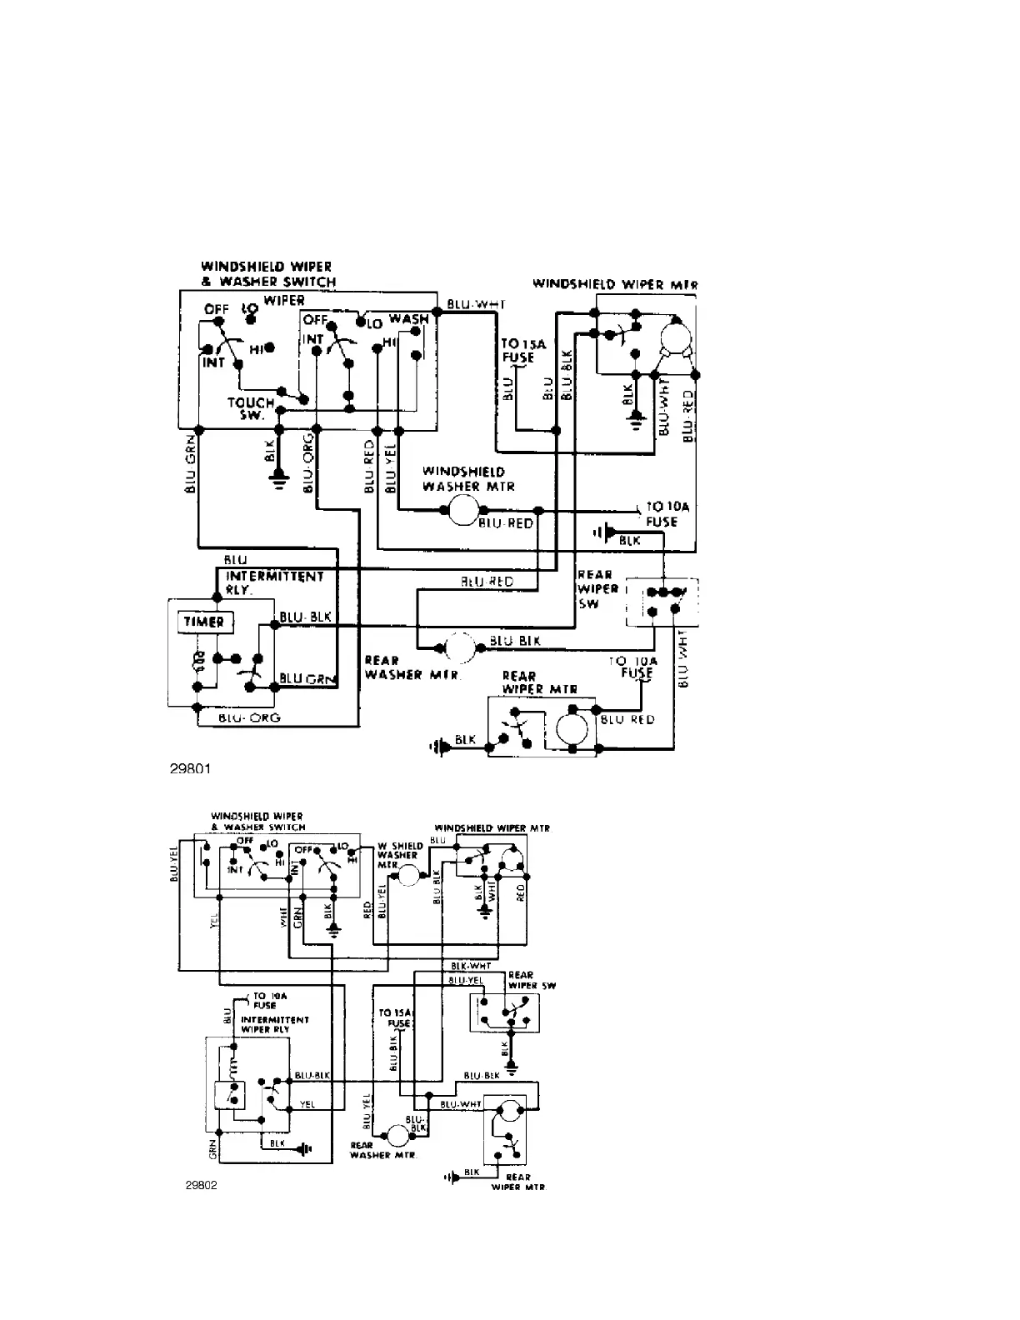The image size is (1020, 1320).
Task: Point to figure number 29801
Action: tap(191, 768)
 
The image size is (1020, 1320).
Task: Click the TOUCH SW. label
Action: tap(251, 408)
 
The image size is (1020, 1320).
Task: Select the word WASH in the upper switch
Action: tap(408, 319)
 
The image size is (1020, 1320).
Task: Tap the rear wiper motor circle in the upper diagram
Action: tap(572, 727)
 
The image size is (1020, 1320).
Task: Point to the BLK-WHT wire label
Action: tap(469, 966)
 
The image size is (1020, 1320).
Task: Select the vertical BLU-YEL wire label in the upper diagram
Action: tap(390, 471)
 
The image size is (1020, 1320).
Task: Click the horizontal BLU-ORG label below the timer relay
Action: tap(249, 717)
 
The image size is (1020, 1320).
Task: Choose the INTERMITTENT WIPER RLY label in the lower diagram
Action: tap(274, 1024)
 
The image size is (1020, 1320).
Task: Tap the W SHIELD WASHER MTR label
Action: tap(398, 855)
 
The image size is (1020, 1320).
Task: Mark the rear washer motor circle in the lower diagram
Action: tap(396, 1134)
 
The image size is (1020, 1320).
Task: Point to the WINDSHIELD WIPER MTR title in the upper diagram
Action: tap(615, 284)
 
